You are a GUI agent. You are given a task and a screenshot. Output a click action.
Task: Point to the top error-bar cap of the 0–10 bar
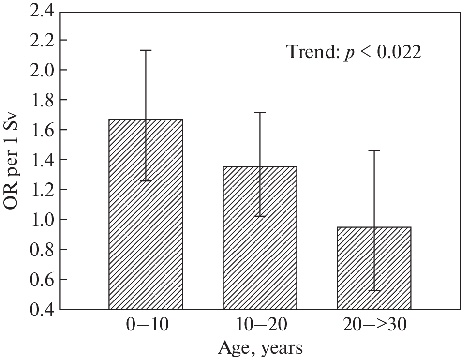[146, 50]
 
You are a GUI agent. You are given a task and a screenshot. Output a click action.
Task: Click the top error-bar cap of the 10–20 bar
[260, 113]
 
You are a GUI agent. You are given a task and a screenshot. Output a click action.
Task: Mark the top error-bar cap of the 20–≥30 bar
[374, 151]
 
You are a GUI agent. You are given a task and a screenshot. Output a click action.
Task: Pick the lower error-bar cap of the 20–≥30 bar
[374, 290]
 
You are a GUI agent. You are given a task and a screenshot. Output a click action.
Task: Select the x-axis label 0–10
[146, 325]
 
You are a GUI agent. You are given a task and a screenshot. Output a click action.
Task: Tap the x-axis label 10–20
[260, 325]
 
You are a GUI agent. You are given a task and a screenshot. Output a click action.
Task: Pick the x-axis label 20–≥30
[374, 325]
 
